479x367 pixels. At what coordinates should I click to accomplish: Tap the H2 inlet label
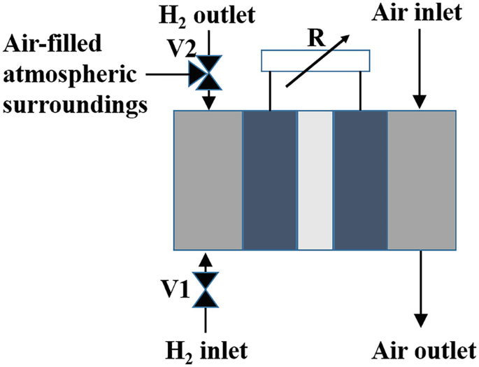coord(205,347)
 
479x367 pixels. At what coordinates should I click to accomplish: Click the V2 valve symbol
coord(206,74)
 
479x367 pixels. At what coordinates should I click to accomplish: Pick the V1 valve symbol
coord(206,290)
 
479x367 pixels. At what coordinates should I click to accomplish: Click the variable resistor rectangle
coord(315,61)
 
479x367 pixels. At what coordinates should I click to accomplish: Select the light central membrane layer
coord(315,180)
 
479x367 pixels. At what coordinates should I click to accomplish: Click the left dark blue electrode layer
coord(270,180)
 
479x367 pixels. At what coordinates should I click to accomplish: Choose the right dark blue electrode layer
coord(361,180)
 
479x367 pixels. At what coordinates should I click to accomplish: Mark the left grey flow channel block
coord(208,180)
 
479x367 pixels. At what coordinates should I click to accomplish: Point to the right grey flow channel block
coord(421,180)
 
